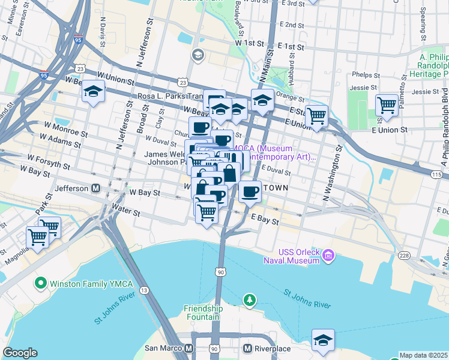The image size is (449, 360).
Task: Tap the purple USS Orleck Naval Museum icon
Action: click(x=328, y=257)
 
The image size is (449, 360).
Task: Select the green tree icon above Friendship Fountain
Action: click(x=248, y=299)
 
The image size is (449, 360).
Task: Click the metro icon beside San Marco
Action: click(x=189, y=349)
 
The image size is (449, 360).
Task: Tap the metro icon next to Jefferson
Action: click(x=95, y=188)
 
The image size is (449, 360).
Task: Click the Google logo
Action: click(x=20, y=353)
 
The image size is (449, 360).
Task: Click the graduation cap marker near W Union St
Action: click(x=93, y=92)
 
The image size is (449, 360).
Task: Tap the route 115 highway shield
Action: click(x=436, y=174)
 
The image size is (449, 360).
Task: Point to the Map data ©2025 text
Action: click(x=424, y=355)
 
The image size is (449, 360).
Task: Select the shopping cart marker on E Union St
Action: click(x=316, y=116)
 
